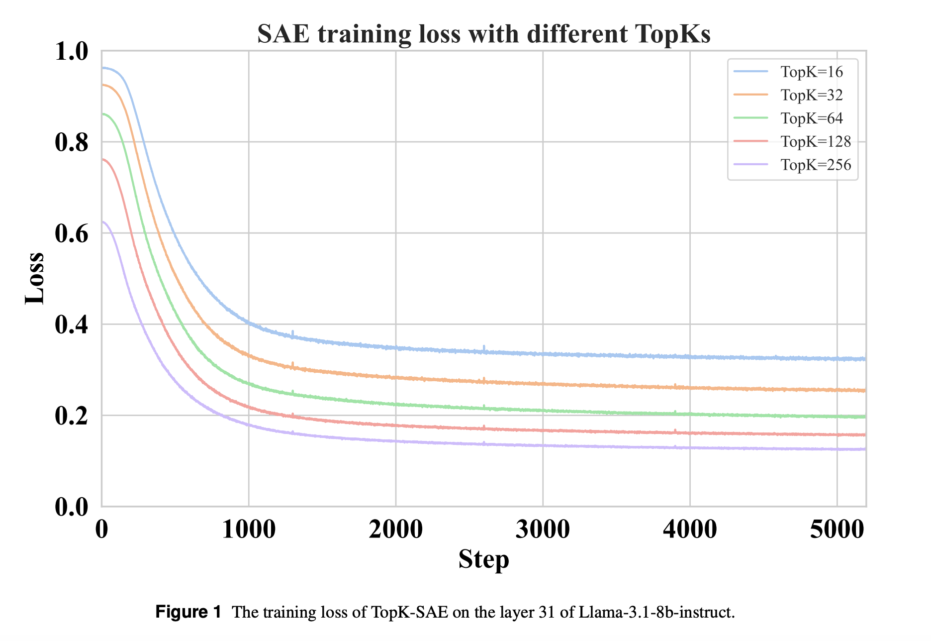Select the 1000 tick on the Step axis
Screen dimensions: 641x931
click(x=249, y=530)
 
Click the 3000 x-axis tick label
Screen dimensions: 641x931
click(x=543, y=530)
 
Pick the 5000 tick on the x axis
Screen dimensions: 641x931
click(x=837, y=530)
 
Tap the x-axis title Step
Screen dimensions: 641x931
click(x=483, y=559)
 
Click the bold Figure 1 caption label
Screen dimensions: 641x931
click(x=188, y=612)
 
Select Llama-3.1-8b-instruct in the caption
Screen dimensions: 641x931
click(x=656, y=612)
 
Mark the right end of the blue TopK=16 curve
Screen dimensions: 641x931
click(x=865, y=359)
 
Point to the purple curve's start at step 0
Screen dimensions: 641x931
click(x=102, y=222)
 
